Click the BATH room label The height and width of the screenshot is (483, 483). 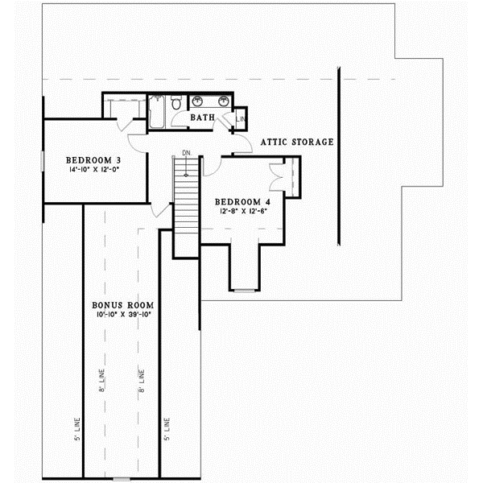(x=202, y=118)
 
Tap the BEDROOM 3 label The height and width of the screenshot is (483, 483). (x=93, y=159)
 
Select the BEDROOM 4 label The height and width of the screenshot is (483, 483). (x=241, y=201)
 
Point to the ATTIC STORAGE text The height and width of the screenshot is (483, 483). (x=296, y=142)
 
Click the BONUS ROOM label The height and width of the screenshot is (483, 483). (x=122, y=306)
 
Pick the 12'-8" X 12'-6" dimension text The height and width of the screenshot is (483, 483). (x=241, y=212)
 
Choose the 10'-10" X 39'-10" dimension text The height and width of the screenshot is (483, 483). (x=122, y=316)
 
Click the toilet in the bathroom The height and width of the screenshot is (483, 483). (x=177, y=104)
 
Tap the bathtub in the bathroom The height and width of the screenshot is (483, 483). (x=157, y=110)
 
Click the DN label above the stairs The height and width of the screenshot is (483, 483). (x=185, y=152)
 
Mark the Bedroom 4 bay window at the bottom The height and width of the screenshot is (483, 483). (x=245, y=288)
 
